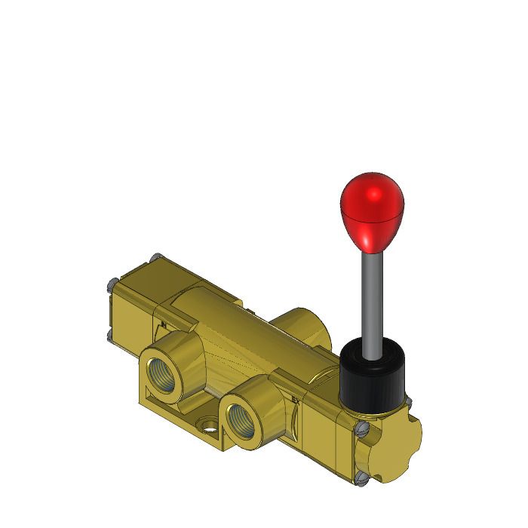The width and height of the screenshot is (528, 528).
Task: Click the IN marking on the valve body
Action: click(164, 326)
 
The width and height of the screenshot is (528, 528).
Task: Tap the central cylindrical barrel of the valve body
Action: click(241, 332)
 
